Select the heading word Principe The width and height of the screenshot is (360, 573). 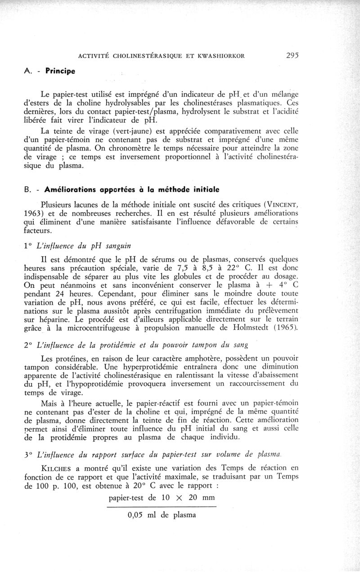click(60, 71)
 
